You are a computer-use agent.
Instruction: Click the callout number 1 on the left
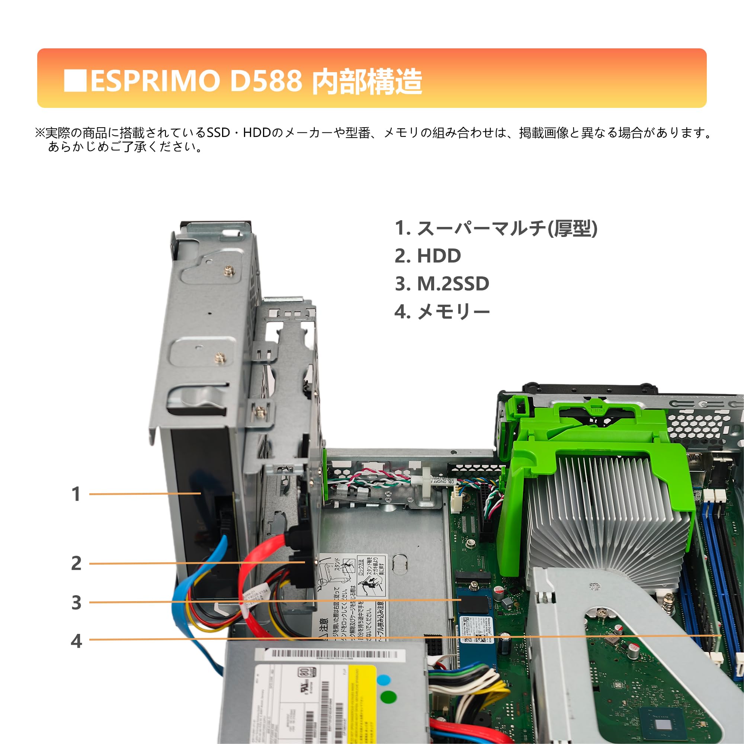(x=76, y=494)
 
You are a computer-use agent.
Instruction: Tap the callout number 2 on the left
(x=76, y=563)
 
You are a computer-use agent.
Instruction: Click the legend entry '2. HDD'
(x=427, y=256)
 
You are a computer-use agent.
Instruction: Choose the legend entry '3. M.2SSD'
(x=442, y=284)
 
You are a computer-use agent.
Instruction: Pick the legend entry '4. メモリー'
(x=442, y=312)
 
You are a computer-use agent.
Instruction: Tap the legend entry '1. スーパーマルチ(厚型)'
(x=496, y=228)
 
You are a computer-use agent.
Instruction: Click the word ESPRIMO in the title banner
(x=155, y=81)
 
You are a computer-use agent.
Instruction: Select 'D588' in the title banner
(x=266, y=81)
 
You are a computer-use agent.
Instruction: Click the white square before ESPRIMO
(x=75, y=80)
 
